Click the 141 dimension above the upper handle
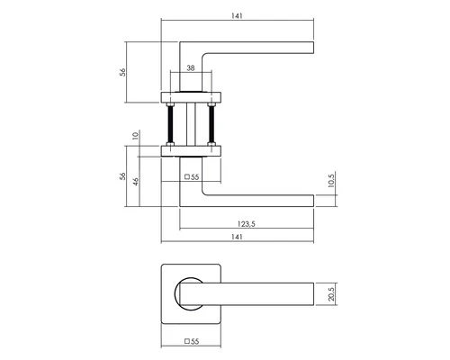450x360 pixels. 237,16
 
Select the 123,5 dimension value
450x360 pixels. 246,224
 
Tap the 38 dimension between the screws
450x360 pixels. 191,68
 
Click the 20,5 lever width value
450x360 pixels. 331,294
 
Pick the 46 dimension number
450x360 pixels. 136,182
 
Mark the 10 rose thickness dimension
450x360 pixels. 136,136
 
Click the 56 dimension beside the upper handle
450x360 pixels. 122,72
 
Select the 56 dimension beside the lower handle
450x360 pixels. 122,176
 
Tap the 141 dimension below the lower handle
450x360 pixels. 237,237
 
